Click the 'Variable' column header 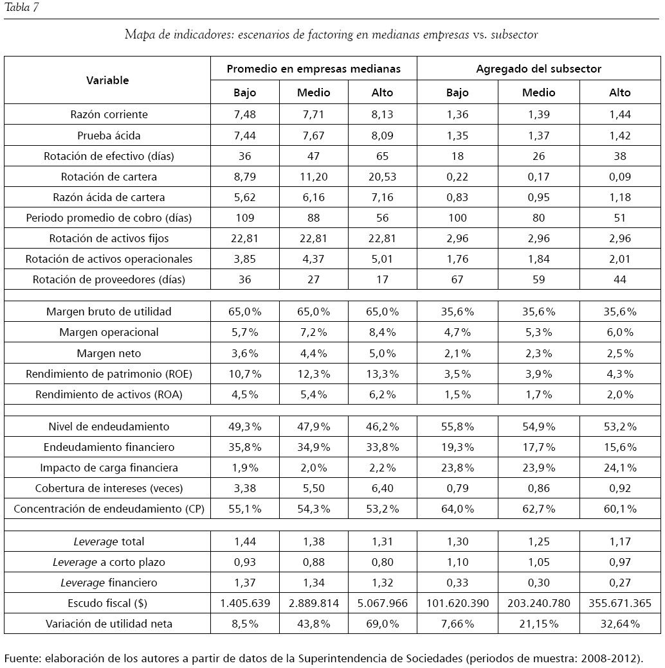tap(107, 80)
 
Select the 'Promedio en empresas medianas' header tap(313, 68)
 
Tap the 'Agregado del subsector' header tap(538, 68)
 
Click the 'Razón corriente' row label tap(109, 114)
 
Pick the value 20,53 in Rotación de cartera tap(382, 177)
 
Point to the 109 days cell tap(244, 218)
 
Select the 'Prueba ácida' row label tap(109, 136)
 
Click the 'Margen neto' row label tap(109, 353)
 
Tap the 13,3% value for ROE tap(382, 374)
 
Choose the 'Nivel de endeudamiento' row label tap(109, 426)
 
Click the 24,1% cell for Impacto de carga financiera tap(620, 468)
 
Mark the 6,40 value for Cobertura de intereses tap(382, 488)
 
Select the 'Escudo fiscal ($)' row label tap(109, 603)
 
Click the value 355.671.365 tap(620, 603)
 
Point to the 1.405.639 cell tap(244, 603)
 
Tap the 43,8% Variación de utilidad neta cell tap(313, 624)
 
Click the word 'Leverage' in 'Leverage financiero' tap(82, 583)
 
